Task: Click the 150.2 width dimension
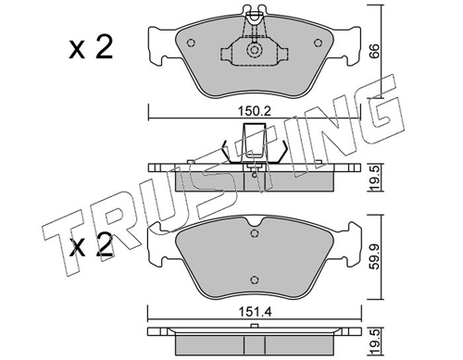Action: point(255,111)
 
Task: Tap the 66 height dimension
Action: point(374,51)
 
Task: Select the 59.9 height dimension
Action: point(374,256)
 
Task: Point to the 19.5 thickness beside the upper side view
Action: point(374,178)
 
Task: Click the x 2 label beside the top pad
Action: point(91,47)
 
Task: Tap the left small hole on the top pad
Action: point(191,43)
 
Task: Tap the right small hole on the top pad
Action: point(318,43)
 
